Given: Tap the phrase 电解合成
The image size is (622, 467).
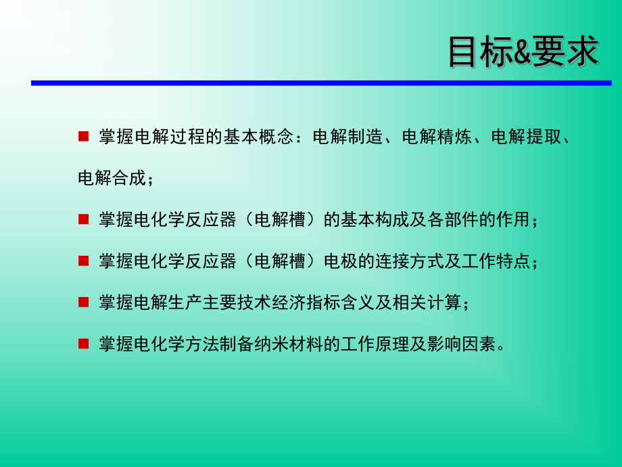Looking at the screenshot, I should coord(112,179).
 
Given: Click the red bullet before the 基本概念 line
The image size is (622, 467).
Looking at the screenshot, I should coord(84,137).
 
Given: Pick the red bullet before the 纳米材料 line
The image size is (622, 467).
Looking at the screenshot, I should coord(84,344).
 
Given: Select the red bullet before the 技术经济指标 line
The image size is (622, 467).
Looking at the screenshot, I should coord(84,302).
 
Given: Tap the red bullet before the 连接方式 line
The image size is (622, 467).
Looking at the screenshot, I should coord(84,261).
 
